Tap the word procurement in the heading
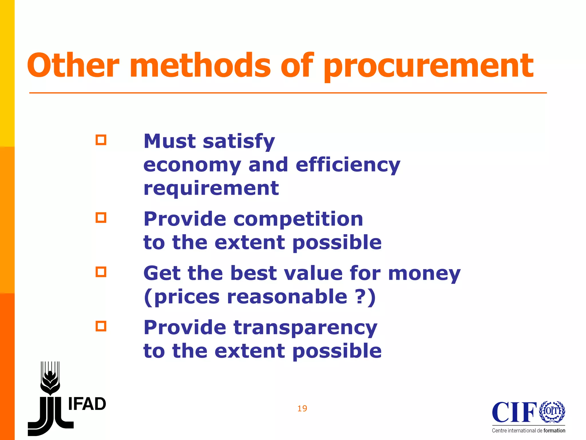(428, 66)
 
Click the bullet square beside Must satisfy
(101, 140)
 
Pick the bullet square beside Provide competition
(101, 218)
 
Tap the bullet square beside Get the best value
(101, 272)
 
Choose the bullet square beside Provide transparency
(101, 326)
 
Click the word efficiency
(348, 166)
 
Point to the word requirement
(211, 189)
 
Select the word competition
(298, 219)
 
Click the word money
(424, 274)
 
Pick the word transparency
(305, 328)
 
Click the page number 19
(302, 408)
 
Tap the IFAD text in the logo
(87, 404)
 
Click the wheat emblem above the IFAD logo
(50, 378)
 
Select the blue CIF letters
(514, 412)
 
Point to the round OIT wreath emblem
(552, 412)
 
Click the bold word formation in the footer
(554, 431)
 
